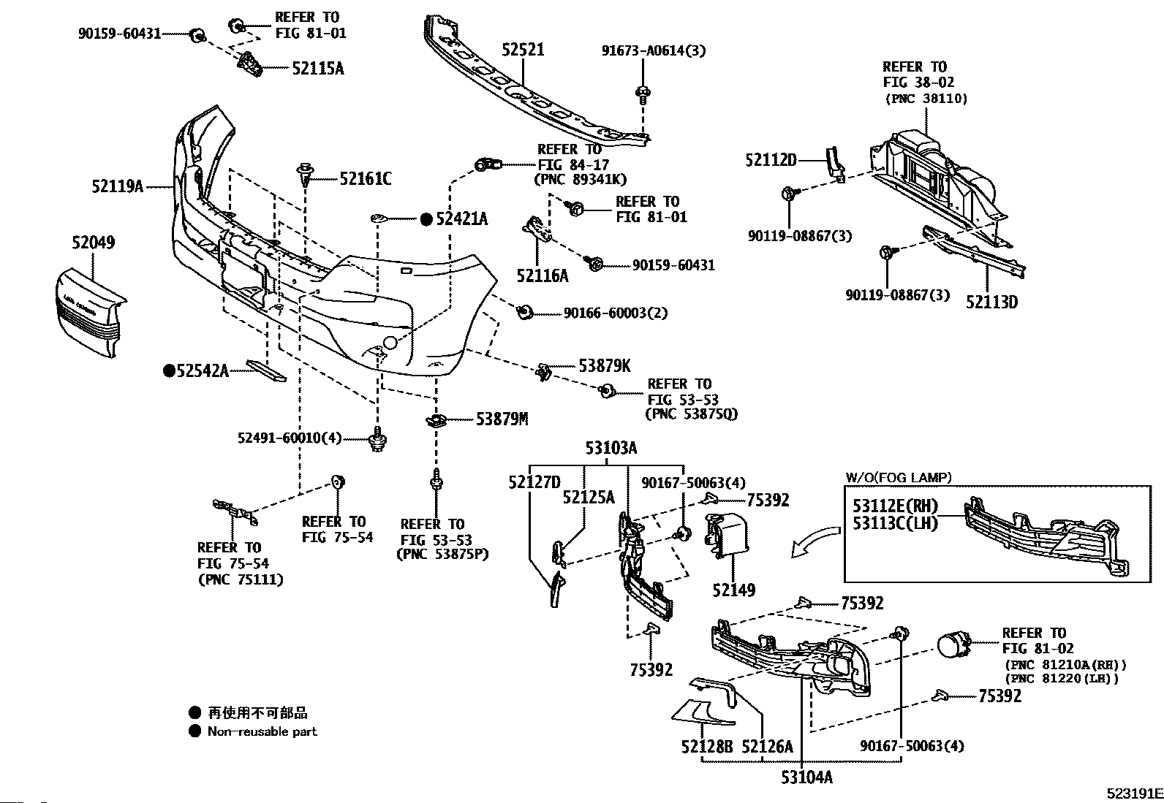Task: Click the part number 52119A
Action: pos(117,186)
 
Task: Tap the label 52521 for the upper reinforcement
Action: pos(523,50)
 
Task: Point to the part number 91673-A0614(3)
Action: pos(654,50)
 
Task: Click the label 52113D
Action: pos(991,301)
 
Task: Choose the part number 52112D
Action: pos(771,159)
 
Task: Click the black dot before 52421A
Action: pos(426,218)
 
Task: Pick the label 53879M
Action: pos(502,419)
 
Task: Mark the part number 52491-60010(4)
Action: pos(290,438)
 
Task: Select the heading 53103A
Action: pos(611,448)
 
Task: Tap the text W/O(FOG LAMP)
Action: pos(899,478)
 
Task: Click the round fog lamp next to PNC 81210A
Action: pos(952,646)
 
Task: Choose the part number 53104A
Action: pos(806,777)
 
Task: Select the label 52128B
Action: pos(706,746)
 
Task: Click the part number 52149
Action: pos(734,590)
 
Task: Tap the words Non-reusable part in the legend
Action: pos(262,731)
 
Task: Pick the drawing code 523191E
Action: pos(1133,793)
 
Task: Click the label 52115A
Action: pos(317,69)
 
